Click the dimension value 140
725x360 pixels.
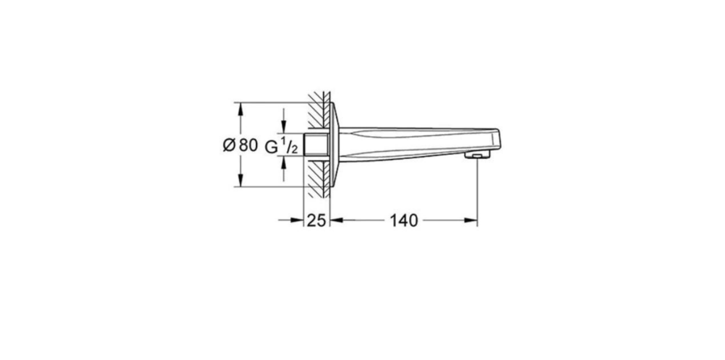(404, 220)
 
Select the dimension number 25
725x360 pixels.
(316, 220)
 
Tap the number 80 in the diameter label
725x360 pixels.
(247, 145)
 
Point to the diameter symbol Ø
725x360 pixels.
(229, 145)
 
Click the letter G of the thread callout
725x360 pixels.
(271, 147)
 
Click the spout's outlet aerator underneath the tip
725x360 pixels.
(476, 155)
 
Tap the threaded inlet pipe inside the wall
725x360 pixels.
(314, 145)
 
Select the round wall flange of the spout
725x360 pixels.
(333, 144)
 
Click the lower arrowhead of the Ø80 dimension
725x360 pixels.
(240, 181)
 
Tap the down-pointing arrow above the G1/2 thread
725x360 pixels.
(283, 128)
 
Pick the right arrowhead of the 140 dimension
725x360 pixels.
(471, 220)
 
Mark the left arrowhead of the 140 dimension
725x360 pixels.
(336, 220)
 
